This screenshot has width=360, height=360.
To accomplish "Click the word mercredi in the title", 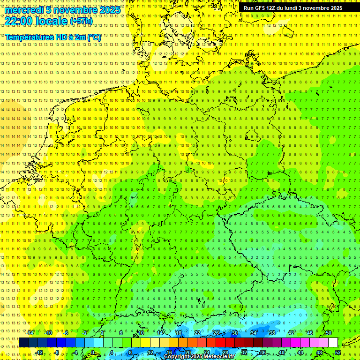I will coord(23,10).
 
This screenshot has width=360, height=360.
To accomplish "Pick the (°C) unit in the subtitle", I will coord(94,37).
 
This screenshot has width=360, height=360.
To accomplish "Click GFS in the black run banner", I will coord(261,8).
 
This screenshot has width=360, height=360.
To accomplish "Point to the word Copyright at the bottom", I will coord(177,357).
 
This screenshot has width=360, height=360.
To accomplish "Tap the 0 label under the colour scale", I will coord(92,352).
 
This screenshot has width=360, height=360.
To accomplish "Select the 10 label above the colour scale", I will coord(141,333).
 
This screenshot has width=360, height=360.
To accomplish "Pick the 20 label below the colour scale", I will coord(187,352).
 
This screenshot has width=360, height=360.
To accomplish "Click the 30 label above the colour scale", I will coord(234,333).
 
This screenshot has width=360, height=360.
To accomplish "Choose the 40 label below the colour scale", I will coord(281,352).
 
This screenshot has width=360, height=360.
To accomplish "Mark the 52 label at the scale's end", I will coord(338,352).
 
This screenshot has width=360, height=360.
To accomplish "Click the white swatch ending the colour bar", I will coord(333,343).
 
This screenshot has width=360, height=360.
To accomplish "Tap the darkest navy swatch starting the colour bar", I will coord(23,343).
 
